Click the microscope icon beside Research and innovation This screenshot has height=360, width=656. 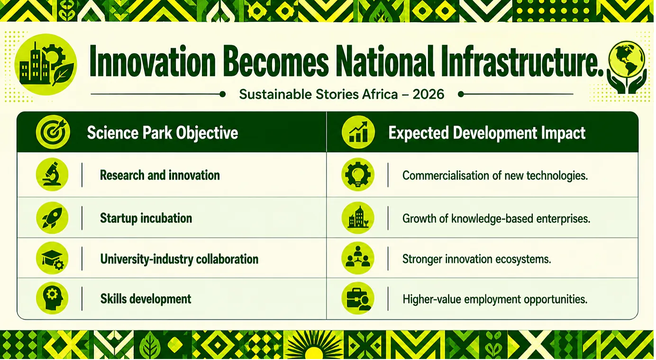(52, 175)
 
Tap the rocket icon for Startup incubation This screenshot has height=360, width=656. (52, 218)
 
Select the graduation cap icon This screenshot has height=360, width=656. (52, 258)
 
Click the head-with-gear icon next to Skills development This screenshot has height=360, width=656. (52, 298)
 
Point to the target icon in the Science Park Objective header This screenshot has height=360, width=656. (53, 132)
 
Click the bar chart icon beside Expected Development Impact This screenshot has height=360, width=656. (358, 132)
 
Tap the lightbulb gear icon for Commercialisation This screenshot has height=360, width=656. (358, 175)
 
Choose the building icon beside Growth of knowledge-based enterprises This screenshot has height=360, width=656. (358, 218)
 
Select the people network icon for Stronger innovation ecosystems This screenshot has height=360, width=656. (358, 258)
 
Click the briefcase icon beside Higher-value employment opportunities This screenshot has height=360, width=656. (358, 298)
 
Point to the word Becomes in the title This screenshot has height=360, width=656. (275, 62)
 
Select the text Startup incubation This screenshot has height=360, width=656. (146, 218)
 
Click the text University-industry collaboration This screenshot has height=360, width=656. (179, 259)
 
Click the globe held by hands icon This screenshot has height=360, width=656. (627, 67)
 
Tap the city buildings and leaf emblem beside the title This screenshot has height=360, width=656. (46, 64)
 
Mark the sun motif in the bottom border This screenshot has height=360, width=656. (314, 345)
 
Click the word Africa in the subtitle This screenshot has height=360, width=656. (380, 94)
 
